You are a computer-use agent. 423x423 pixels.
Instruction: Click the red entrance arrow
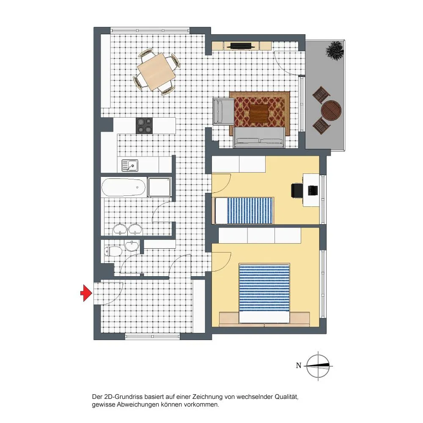(86, 293)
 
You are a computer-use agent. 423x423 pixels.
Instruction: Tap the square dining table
(157, 71)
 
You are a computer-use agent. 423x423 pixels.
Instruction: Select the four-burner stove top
(144, 126)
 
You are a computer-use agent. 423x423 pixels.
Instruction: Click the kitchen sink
(130, 165)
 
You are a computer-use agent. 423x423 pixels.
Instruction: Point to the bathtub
(124, 187)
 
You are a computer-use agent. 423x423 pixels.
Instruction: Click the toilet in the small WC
(113, 251)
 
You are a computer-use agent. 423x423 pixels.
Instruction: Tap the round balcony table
(331, 110)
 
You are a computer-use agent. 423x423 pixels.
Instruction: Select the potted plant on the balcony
(335, 50)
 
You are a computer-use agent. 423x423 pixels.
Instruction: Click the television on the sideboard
(241, 46)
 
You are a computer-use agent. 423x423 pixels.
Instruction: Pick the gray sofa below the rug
(259, 137)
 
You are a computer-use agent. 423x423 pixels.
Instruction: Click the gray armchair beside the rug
(223, 112)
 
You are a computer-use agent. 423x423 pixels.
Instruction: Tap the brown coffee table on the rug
(259, 113)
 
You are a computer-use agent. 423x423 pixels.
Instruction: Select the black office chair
(297, 190)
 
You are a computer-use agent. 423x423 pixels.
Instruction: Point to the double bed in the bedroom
(264, 293)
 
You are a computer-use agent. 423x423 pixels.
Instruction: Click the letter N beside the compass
(298, 365)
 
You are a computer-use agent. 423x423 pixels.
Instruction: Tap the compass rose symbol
(318, 366)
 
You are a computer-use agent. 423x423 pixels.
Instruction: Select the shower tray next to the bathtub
(159, 187)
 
